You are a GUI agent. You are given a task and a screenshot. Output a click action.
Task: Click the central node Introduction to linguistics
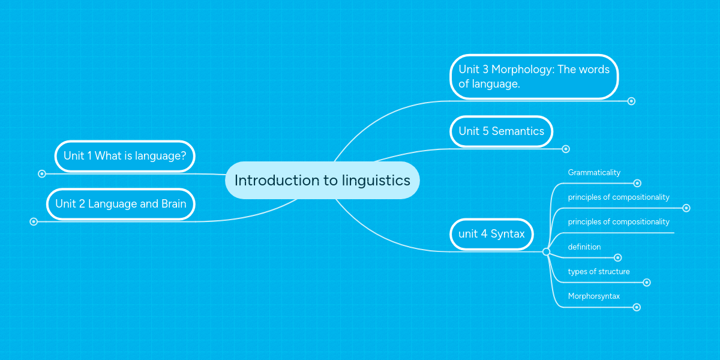[x=322, y=180]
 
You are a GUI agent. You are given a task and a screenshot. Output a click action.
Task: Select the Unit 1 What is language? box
[x=125, y=156]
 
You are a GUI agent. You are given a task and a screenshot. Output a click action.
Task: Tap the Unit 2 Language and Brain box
[x=121, y=204]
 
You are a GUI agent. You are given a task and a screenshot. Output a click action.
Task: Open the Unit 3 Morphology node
[x=533, y=77]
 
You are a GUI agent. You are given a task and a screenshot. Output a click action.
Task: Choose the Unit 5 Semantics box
[x=501, y=131]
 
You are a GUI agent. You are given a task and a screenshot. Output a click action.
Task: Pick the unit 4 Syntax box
[x=491, y=234]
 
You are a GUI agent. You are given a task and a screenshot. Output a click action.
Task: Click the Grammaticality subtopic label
[x=594, y=173]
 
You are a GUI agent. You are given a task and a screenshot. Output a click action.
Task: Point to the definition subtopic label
[x=584, y=247]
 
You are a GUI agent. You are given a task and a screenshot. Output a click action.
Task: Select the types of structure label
[x=599, y=272]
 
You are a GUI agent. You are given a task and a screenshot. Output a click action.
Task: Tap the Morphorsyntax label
[x=593, y=296]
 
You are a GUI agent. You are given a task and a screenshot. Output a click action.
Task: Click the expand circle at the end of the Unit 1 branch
[x=42, y=174]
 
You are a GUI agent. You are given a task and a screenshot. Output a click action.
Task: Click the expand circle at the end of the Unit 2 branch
[x=34, y=221]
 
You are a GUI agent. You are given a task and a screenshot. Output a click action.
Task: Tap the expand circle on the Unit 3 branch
[x=631, y=101]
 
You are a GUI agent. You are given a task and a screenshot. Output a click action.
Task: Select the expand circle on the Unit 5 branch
[x=565, y=149]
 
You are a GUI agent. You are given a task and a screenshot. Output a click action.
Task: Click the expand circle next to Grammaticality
[x=637, y=184]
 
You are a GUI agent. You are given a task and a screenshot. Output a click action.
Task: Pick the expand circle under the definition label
[x=617, y=258]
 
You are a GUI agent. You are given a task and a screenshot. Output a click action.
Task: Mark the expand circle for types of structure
[x=646, y=283]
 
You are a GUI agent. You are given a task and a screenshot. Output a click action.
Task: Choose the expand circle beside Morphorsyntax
[x=637, y=307]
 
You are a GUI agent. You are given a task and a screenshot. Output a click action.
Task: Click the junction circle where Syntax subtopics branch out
[x=546, y=252]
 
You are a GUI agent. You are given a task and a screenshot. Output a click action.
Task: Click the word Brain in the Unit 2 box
[x=173, y=204]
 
